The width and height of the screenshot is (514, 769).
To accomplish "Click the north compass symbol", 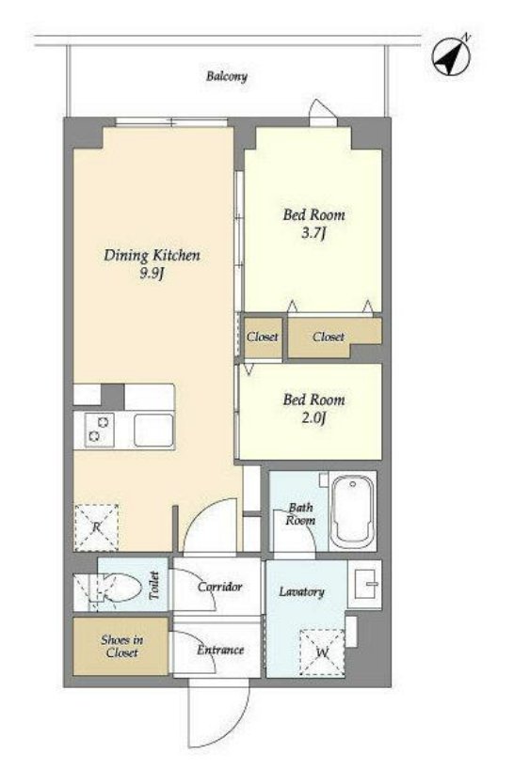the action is click(451, 55).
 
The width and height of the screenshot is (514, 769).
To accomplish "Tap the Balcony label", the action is click(226, 76).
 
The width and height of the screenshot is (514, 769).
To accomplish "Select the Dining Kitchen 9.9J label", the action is click(152, 264).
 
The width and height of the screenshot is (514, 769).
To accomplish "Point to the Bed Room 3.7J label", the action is click(313, 223).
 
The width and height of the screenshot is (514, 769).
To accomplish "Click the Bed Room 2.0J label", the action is click(313, 409).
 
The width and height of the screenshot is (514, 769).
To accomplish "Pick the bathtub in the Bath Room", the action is click(352, 512).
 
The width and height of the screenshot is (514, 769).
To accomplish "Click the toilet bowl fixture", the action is click(117, 585).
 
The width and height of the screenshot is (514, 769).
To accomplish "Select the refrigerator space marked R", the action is click(96, 527).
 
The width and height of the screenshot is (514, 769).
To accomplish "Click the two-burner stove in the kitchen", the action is click(99, 430).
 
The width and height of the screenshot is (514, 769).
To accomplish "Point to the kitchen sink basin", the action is click(153, 431).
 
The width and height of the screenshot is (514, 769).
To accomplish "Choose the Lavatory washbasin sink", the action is click(364, 584).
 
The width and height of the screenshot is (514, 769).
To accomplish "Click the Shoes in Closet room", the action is click(120, 646).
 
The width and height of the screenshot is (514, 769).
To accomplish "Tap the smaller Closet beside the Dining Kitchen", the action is click(264, 337).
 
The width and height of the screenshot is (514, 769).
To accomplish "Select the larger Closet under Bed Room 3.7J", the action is click(334, 337).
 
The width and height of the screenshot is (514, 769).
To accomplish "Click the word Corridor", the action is click(220, 587).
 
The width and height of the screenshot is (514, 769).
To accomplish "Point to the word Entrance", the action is click(220, 650).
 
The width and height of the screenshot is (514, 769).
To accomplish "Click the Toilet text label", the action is click(154, 585).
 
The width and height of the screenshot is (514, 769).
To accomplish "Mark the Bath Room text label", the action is click(300, 514).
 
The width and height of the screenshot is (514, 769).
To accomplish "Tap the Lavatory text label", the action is click(301, 592).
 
